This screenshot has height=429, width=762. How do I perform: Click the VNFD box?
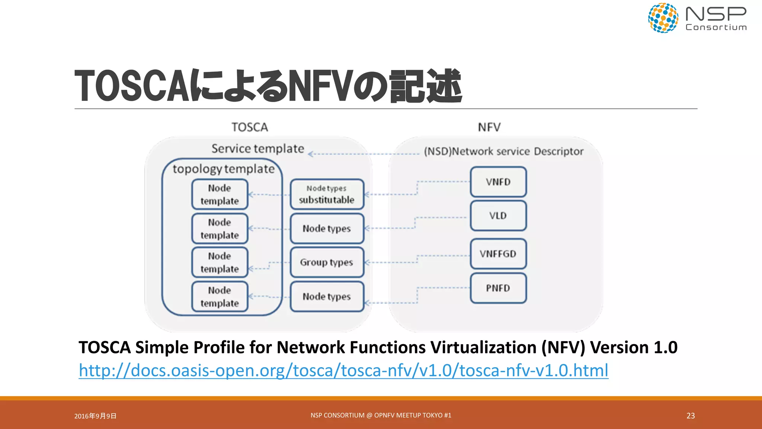point(498,182)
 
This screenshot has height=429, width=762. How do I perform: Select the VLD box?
point(498,216)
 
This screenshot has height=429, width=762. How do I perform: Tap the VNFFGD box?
point(498,254)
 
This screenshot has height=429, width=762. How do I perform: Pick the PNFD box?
point(498,288)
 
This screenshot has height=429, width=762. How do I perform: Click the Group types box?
point(327,262)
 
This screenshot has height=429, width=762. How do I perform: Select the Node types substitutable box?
point(327,194)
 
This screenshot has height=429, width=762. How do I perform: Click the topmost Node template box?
point(220,194)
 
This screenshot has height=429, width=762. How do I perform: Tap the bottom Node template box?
point(220,297)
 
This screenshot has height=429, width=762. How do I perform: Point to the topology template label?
point(223,169)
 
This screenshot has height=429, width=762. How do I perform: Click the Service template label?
point(258,149)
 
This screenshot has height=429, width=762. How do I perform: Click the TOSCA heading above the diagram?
point(250,127)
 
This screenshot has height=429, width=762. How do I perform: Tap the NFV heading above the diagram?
point(489,127)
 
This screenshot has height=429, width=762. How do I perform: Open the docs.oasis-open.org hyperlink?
point(343,371)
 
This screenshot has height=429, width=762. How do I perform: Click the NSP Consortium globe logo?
point(663,18)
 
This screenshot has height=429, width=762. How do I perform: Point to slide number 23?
point(691,416)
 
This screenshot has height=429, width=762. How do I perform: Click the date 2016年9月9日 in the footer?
point(95,416)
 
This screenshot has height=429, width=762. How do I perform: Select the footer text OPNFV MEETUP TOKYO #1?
point(413,415)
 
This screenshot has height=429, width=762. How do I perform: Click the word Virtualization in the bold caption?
point(483,347)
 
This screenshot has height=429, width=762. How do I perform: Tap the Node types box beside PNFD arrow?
point(327,296)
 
